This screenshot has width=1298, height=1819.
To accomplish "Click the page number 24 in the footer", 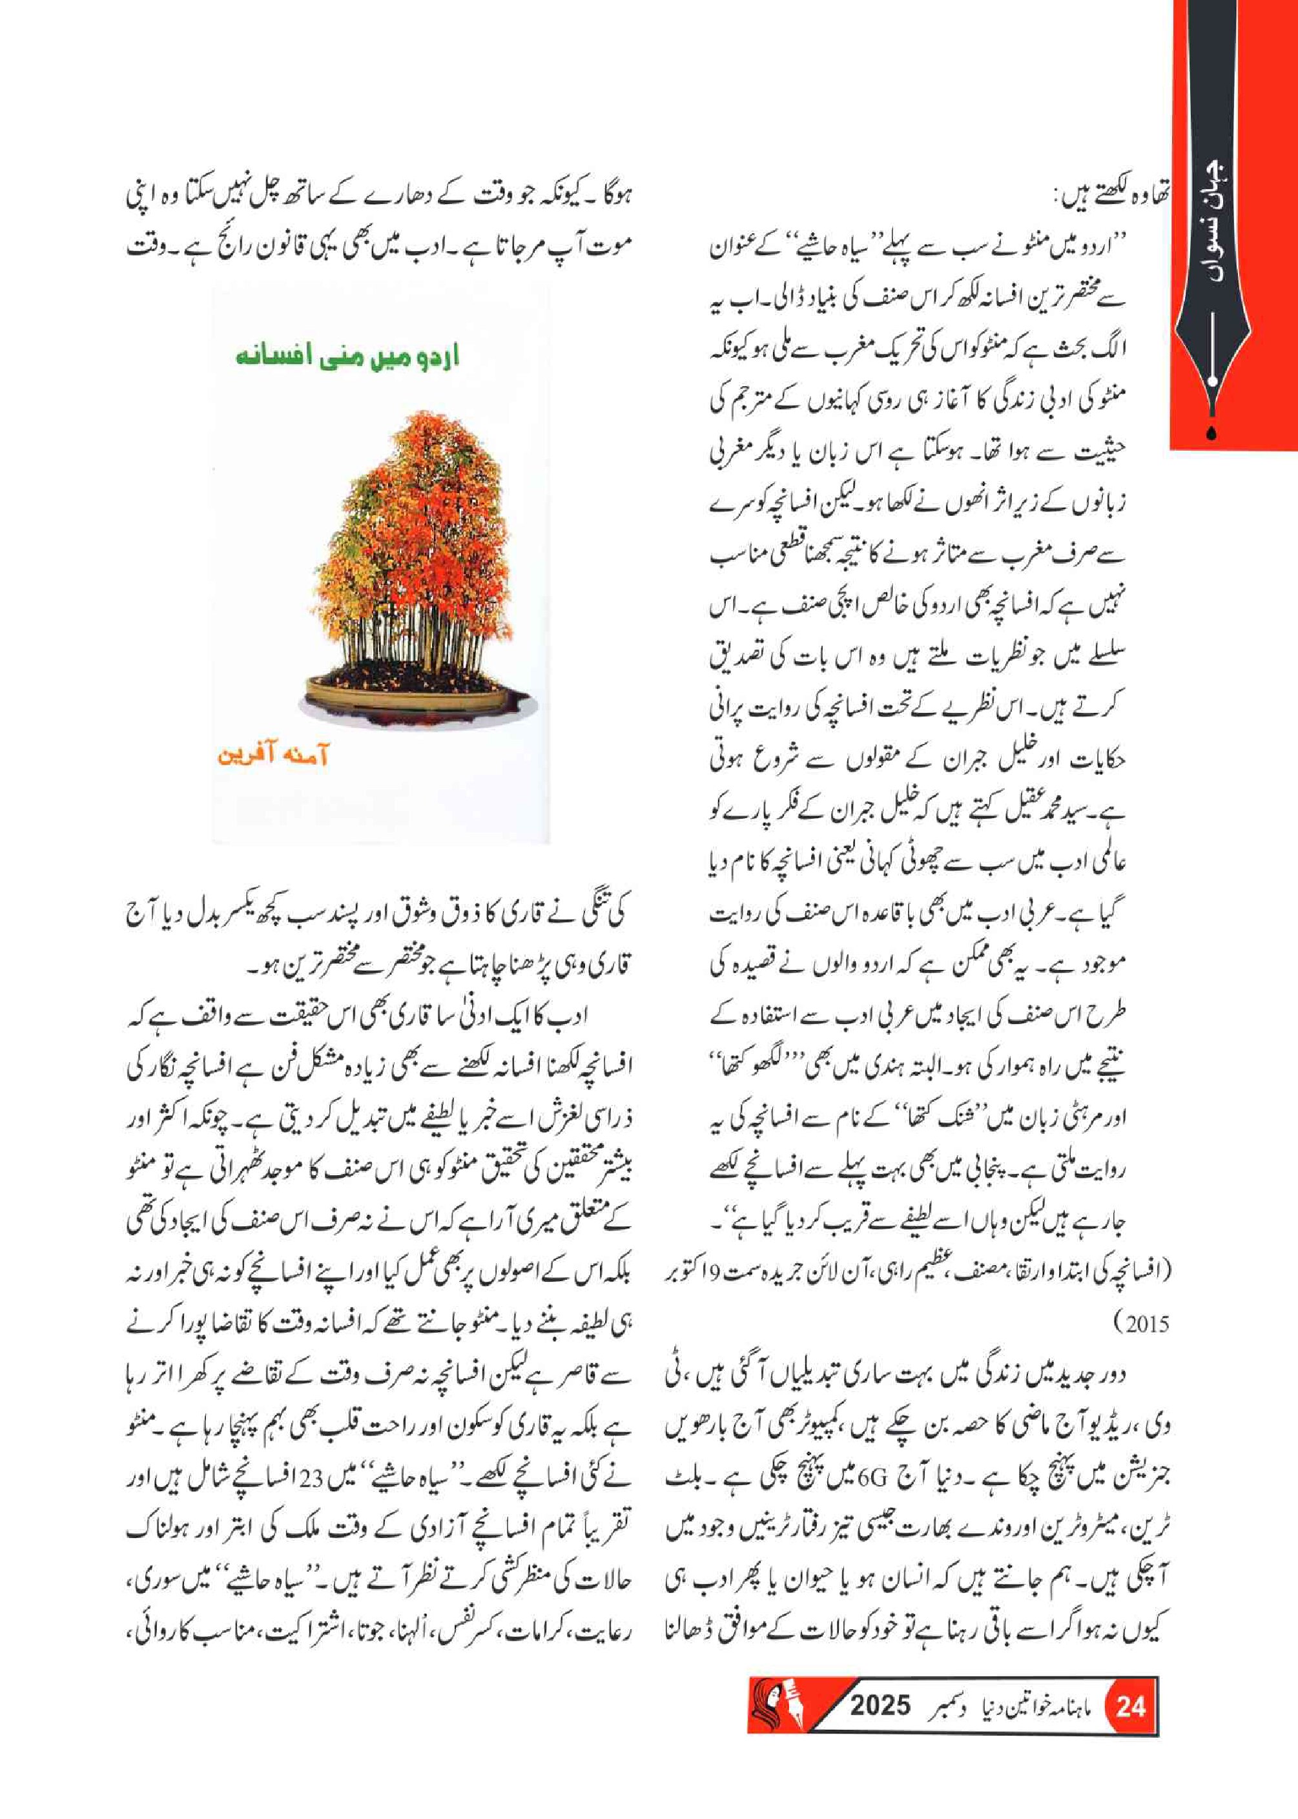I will (1130, 1707).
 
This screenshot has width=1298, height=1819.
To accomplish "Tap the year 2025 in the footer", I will (880, 1705).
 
